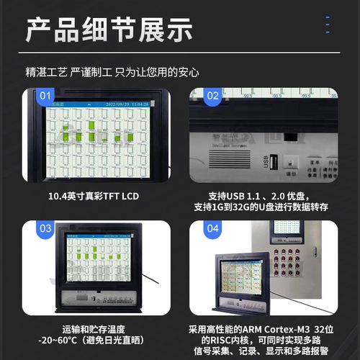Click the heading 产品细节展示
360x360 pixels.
pos(109,30)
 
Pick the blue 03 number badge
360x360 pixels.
pos(45,229)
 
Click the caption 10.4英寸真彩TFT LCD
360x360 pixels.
pos(94,196)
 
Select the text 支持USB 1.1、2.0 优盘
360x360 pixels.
pos(260,196)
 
